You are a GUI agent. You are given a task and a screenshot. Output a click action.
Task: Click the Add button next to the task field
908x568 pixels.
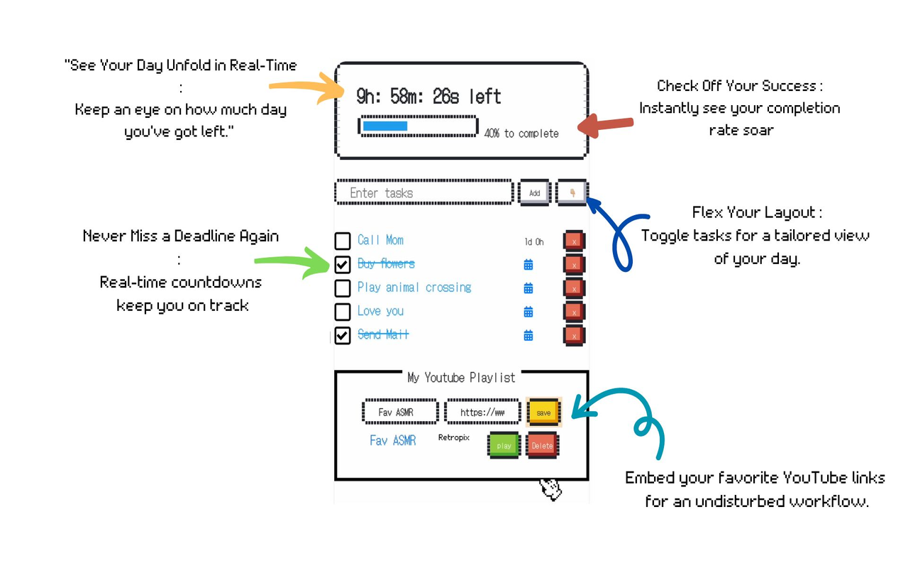534,192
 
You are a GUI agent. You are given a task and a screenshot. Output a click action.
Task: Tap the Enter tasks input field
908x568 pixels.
423,192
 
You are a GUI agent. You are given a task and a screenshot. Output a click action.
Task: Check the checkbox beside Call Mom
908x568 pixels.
343,241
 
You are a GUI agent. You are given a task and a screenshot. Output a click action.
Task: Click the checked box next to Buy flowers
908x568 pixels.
343,264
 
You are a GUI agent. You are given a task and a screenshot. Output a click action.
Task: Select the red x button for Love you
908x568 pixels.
574,312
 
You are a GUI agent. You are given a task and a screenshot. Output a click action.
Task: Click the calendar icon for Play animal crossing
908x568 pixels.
528,288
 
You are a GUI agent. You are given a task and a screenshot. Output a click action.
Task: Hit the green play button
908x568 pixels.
504,446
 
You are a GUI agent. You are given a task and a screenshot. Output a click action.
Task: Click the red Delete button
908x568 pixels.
542,446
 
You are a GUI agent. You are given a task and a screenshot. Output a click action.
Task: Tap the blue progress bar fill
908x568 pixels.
385,126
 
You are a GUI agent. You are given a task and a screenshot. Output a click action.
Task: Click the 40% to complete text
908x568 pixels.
521,133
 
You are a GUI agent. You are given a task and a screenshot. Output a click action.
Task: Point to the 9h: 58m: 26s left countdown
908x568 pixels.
428,97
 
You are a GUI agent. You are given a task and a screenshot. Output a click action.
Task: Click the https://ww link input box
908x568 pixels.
482,412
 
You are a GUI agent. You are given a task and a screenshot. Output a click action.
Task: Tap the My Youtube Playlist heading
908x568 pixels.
461,378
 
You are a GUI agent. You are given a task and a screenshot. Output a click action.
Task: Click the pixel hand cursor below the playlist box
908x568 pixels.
550,488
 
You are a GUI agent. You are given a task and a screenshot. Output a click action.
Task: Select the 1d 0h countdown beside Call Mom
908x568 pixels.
534,242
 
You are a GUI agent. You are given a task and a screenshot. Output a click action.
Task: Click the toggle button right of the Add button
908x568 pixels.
572,192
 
